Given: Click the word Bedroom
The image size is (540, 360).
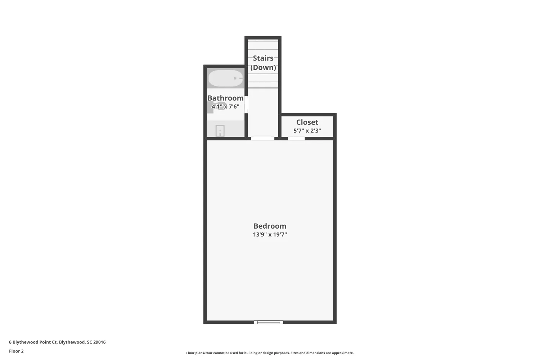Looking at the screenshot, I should (270, 226).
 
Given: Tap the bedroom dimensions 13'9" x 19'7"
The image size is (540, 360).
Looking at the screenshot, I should (270, 235).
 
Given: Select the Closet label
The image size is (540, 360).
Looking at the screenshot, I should (307, 122).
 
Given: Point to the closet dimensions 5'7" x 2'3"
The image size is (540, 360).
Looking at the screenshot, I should (307, 131).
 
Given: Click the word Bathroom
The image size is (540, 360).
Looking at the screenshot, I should (225, 98).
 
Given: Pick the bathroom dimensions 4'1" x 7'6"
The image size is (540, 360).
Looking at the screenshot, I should (225, 107).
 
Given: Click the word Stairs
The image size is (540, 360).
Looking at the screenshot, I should (263, 58).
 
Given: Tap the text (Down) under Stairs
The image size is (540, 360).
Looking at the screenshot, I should (263, 67).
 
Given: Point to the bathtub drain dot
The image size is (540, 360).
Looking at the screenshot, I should (235, 78).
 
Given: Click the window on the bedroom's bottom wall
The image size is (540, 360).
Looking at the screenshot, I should (269, 322).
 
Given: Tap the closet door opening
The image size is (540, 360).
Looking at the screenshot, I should (296, 139).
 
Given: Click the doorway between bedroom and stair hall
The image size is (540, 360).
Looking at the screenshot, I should (262, 139).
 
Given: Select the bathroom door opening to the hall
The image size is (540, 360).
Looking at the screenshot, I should (246, 104).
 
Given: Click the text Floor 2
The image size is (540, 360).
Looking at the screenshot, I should (16, 351).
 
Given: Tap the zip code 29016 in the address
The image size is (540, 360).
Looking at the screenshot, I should (99, 342).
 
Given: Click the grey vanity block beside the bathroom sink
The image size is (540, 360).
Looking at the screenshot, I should (210, 107).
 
